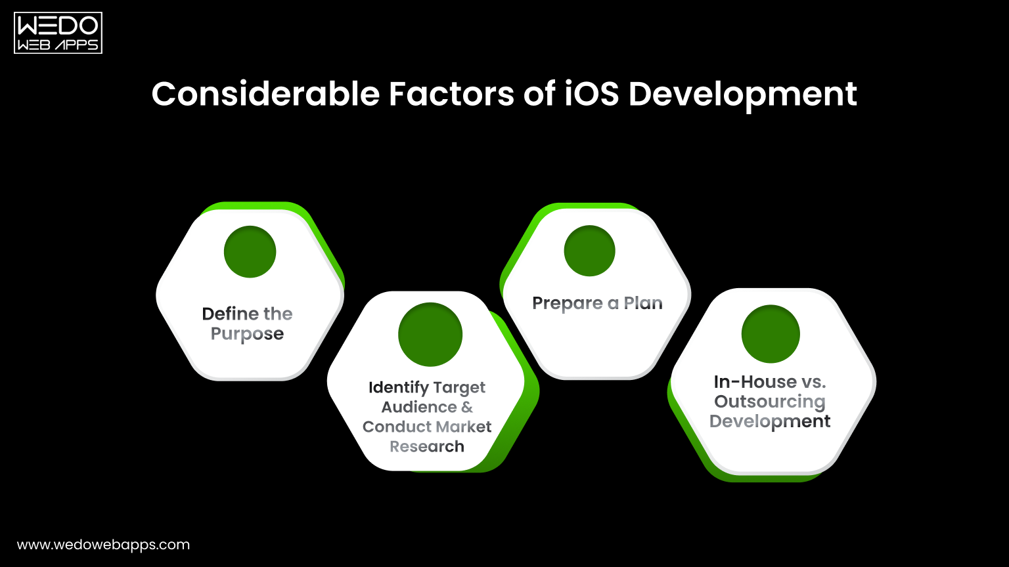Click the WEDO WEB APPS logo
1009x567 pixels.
pos(58,33)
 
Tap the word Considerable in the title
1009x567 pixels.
pos(265,94)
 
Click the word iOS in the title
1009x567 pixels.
pos(591,94)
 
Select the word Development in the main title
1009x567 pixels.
pos(742,95)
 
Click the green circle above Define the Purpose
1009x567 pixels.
pos(250,252)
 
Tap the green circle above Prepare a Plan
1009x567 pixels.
pos(589,251)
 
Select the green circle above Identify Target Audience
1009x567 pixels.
pos(430,335)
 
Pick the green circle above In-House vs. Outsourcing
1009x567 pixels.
pos(770,334)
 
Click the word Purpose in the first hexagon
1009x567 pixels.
pos(247,334)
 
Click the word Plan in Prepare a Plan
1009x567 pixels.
pos(642,303)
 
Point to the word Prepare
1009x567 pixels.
pos(567,304)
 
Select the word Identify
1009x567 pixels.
pos(398,388)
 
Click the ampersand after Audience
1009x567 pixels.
pos(466,407)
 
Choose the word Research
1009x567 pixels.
pos(427,447)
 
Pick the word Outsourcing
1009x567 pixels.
pos(769,402)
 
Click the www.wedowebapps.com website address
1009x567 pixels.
pos(103,545)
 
